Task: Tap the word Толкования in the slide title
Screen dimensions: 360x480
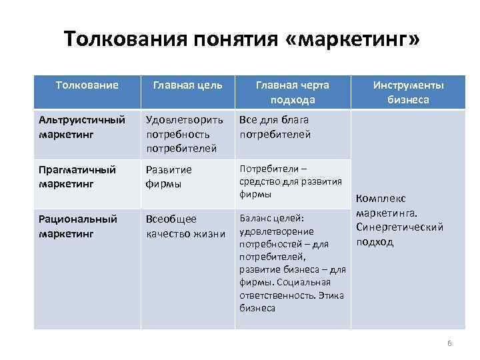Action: click(x=124, y=39)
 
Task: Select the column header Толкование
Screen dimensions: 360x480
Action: click(x=87, y=85)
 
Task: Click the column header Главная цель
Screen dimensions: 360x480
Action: click(x=188, y=85)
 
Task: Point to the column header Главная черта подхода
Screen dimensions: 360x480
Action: click(x=293, y=93)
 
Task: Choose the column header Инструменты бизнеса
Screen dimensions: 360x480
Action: click(x=409, y=93)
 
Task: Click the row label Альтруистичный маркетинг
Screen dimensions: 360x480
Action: click(x=82, y=127)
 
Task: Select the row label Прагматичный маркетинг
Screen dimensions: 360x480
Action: click(x=77, y=176)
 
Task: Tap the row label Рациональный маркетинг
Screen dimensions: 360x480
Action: click(x=78, y=226)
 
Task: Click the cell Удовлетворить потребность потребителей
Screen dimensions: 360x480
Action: click(x=185, y=133)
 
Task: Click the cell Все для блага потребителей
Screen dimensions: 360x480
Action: click(x=275, y=127)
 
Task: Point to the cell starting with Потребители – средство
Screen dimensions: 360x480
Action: click(x=290, y=181)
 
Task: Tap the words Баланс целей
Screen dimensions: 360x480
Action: click(x=271, y=219)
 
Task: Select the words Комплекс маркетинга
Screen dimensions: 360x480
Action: click(x=387, y=206)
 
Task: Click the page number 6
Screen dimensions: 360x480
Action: click(x=449, y=343)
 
